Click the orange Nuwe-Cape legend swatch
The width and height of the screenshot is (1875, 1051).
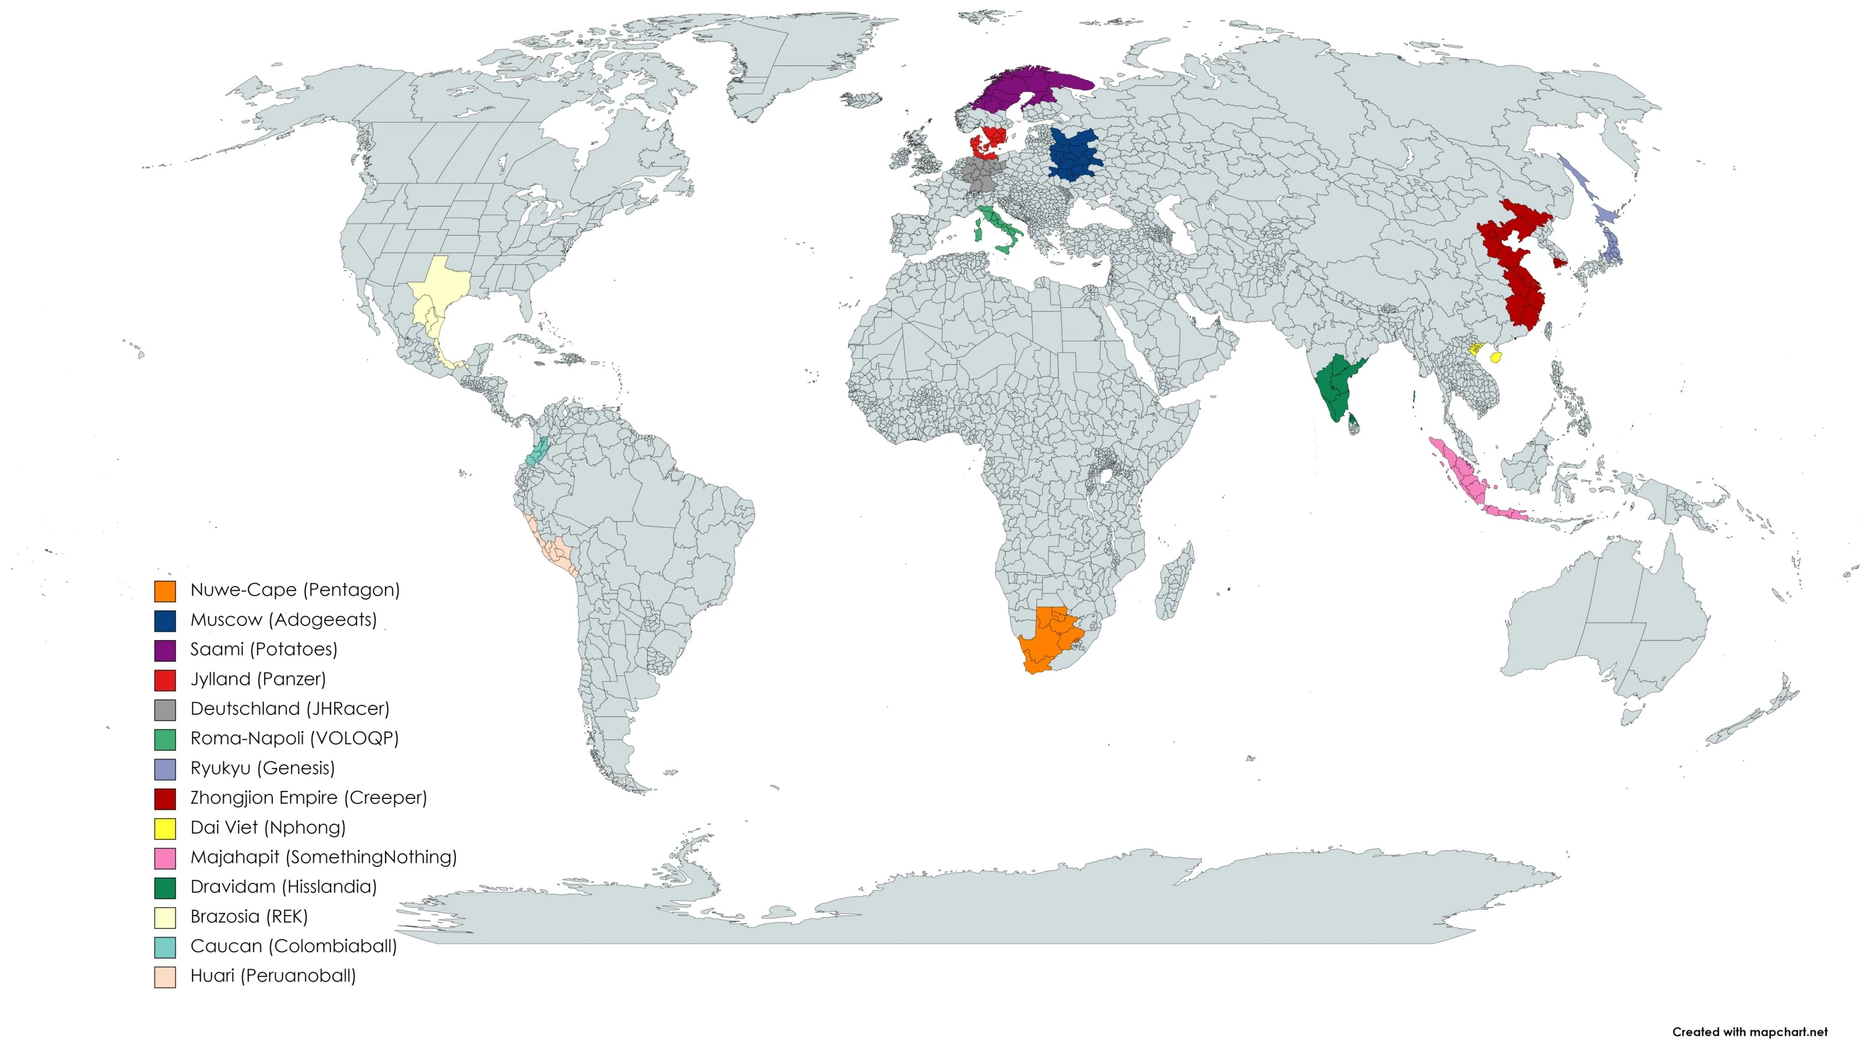point(164,591)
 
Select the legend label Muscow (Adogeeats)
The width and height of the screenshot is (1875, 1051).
point(283,620)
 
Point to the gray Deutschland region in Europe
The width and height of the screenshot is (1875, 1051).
point(980,175)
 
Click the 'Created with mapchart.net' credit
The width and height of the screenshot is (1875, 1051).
point(1749,1031)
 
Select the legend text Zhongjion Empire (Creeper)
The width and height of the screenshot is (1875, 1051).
point(309,798)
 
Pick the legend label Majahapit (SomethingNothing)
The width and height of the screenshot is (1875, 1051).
point(323,857)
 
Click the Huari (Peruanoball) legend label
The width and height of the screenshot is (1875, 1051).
point(273,976)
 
